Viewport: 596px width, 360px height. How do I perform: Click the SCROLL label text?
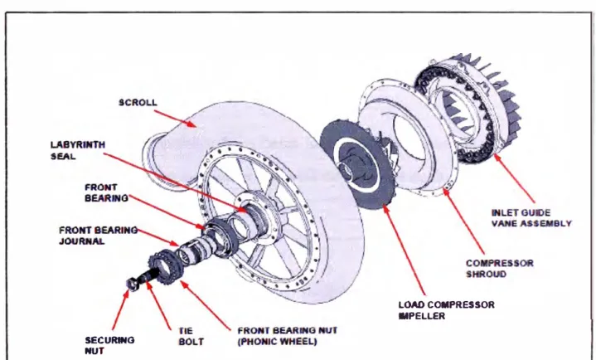[138, 103]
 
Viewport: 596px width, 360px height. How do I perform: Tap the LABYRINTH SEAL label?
[78, 150]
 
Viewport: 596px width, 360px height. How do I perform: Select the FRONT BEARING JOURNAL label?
[98, 236]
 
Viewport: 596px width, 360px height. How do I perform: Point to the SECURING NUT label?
[109, 345]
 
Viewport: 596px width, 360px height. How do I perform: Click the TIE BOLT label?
[191, 337]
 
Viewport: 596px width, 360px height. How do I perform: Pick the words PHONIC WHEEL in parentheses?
[277, 342]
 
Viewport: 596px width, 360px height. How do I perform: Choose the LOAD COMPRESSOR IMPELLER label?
[446, 310]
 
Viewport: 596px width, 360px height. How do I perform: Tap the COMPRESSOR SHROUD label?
[500, 268]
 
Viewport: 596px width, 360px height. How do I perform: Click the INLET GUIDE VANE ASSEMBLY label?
[531, 218]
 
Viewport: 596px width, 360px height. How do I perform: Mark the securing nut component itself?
[132, 284]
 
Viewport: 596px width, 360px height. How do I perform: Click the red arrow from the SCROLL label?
[175, 119]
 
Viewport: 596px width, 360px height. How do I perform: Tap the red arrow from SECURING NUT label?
[120, 309]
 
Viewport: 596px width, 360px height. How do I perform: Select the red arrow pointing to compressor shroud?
[463, 221]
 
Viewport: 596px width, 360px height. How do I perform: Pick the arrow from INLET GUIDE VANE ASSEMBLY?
[514, 178]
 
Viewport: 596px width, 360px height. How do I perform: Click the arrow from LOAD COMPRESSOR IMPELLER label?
[404, 250]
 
